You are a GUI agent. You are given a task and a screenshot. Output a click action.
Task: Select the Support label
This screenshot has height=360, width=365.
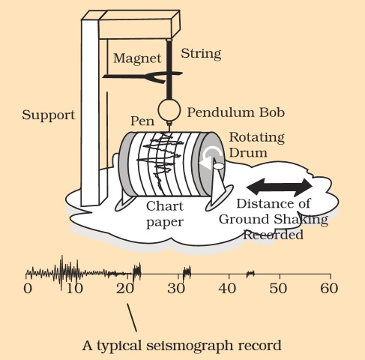[48, 115]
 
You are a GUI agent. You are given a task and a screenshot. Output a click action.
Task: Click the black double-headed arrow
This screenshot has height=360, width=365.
[281, 184]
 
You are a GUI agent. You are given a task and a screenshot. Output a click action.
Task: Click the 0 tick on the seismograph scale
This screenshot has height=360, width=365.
[28, 288]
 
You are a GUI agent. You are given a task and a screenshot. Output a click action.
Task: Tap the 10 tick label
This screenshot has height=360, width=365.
[73, 288]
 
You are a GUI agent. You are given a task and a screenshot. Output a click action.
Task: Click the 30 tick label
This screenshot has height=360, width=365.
[175, 288]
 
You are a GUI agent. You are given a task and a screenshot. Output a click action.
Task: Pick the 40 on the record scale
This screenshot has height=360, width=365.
[226, 288]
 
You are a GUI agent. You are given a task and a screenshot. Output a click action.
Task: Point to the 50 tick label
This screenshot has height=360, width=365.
[277, 288]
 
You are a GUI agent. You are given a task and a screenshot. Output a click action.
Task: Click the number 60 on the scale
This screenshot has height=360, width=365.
[328, 288]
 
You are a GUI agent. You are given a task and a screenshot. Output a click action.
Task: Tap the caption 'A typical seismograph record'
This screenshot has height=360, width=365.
[182, 346]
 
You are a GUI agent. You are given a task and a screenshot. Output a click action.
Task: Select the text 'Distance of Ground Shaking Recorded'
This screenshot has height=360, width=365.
[273, 218]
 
